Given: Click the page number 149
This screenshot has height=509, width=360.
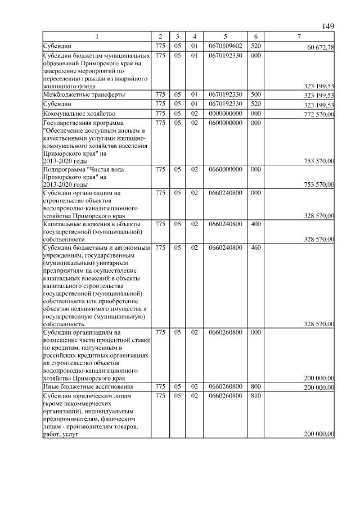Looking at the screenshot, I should pyautogui.click(x=328, y=26).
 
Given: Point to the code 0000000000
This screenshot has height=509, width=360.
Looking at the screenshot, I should pyautogui.click(x=225, y=114).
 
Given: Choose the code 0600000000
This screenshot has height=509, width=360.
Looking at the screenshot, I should pyautogui.click(x=225, y=123).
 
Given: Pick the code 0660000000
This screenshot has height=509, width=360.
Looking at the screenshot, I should pyautogui.click(x=225, y=169).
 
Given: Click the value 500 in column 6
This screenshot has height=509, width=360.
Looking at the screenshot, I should pyautogui.click(x=255, y=94).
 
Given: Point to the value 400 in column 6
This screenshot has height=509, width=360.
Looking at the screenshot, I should pyautogui.click(x=255, y=224).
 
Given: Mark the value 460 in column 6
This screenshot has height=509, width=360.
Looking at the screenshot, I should pyautogui.click(x=255, y=247).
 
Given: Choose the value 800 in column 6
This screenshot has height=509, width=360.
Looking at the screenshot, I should pyautogui.click(x=255, y=387).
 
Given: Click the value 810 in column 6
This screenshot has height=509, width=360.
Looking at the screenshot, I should pyautogui.click(x=255, y=396).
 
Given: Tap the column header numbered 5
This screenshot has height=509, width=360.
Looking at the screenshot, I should pyautogui.click(x=225, y=37).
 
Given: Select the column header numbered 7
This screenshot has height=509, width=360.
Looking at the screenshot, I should pyautogui.click(x=299, y=37).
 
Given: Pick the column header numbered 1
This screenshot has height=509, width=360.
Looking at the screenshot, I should pyautogui.click(x=96, y=37).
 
